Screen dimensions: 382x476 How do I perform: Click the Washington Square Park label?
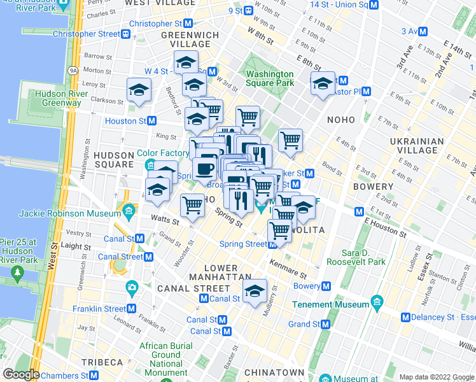click(270, 78)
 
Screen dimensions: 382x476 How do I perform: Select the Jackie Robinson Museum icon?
click(129, 209)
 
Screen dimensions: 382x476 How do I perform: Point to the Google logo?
click(21, 374)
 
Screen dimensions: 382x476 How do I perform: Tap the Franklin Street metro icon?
click(132, 309)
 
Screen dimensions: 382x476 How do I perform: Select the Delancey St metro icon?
click(405, 317)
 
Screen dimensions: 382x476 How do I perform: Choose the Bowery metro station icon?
click(326, 286)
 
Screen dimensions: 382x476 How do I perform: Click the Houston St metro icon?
click(152, 121)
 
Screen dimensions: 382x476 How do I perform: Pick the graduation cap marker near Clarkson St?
click(138, 90)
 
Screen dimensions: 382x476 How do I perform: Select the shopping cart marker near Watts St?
click(192, 206)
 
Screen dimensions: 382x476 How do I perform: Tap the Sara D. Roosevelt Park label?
click(356, 257)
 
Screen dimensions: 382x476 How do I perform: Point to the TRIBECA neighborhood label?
click(102, 362)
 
